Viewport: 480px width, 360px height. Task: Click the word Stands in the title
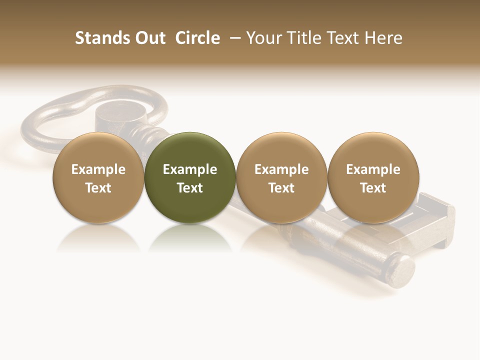click(x=102, y=38)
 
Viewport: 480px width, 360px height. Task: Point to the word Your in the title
click(x=263, y=38)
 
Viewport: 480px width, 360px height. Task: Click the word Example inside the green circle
click(x=190, y=169)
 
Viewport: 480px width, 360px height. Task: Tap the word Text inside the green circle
click(x=190, y=188)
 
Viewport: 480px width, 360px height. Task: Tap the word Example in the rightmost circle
click(x=373, y=169)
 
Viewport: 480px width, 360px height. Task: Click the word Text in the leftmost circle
click(x=98, y=188)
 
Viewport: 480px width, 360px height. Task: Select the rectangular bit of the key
click(x=435, y=220)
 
